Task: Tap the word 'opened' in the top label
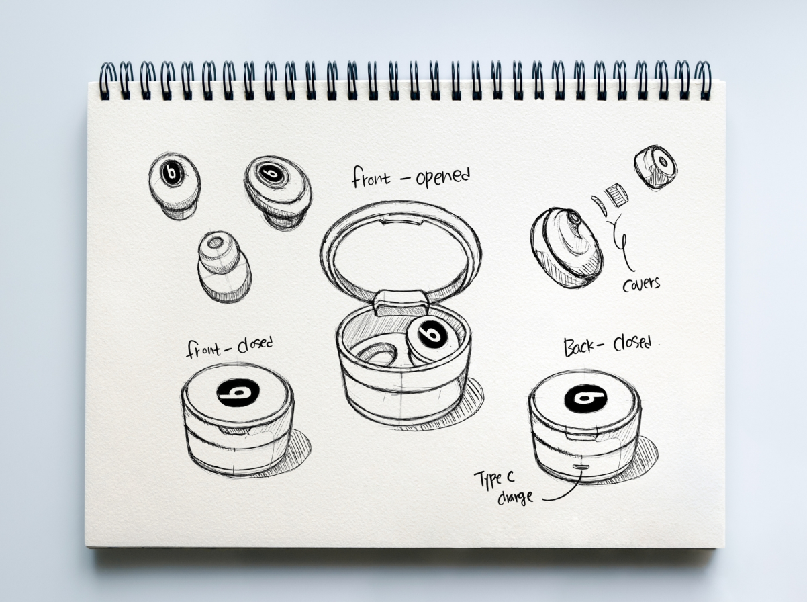442,177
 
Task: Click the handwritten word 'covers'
640,283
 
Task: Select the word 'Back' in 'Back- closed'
578,346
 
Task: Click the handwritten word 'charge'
516,498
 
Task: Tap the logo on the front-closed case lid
238,392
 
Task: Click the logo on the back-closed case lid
585,398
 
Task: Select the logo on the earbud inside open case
430,334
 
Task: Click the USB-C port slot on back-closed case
581,466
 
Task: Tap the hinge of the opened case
401,302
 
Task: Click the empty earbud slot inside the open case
377,352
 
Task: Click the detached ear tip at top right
655,167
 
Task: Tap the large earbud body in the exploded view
566,246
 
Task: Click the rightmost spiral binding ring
702,80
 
